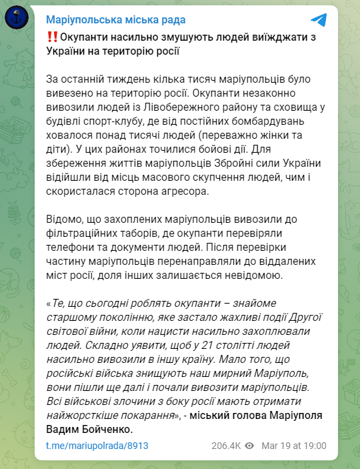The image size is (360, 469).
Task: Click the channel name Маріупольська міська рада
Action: click(115, 21)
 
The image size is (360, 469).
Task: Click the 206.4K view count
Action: click(227, 445)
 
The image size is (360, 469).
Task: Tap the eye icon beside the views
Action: click(249, 445)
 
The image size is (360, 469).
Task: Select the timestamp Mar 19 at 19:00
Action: click(293, 445)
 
